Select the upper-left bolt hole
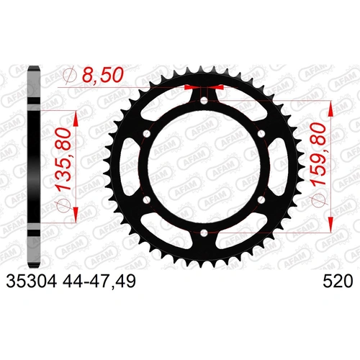click(145, 134)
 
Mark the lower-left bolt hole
click(145, 200)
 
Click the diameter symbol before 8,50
click(70, 73)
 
